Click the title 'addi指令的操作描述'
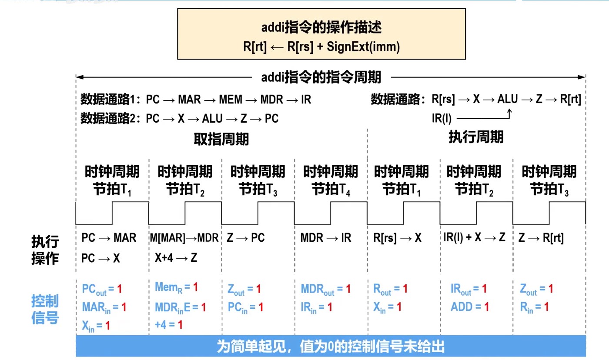point(321,28)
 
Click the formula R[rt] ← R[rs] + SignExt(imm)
point(321,47)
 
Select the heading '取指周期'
point(221,139)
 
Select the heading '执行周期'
point(475,137)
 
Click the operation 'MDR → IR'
point(326,238)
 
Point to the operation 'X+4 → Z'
point(176,257)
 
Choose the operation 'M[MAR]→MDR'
point(184,238)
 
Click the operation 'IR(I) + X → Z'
point(474,237)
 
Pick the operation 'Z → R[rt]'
point(541,238)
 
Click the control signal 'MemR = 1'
point(176,287)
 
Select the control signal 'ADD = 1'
point(470,307)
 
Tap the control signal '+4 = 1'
point(169,324)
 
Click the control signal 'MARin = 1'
point(104,307)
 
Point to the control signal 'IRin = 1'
point(316,307)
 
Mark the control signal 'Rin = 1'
point(534,307)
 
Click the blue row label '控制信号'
point(45,309)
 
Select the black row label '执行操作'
point(45,250)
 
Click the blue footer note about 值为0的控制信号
point(331,347)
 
